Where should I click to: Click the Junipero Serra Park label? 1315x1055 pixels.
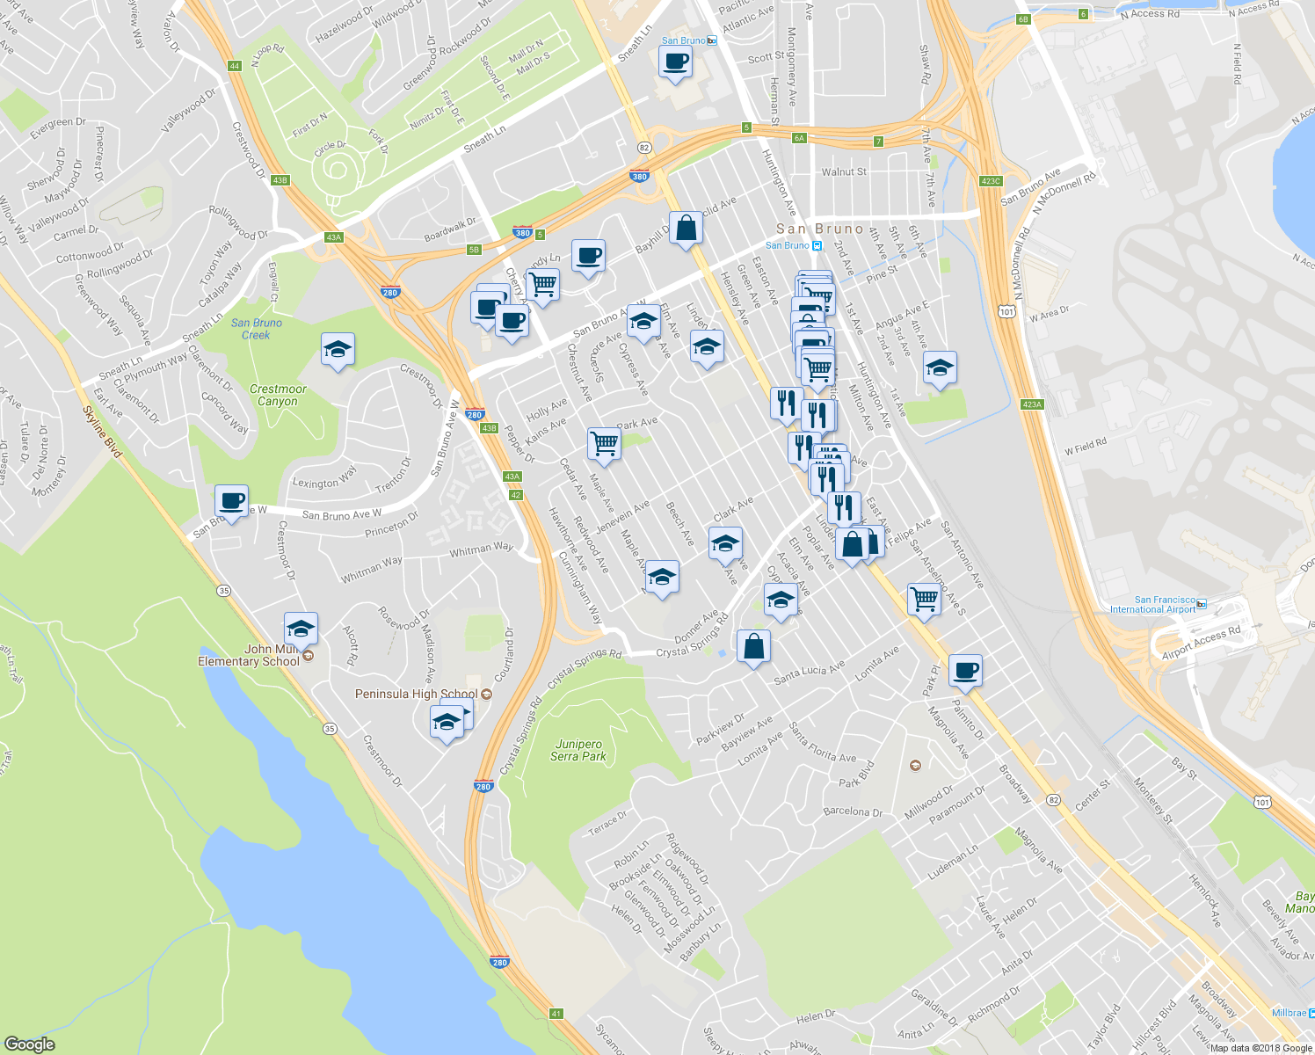coord(578,750)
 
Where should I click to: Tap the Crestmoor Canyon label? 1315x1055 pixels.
coord(278,395)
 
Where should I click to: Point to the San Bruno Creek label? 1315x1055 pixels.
coord(256,329)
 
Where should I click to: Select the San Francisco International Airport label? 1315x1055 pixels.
coord(1152,604)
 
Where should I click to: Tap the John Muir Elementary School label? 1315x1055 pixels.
coord(249,655)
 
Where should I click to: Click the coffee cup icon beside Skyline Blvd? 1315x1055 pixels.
coord(231,501)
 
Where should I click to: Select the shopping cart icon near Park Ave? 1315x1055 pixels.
coord(604,443)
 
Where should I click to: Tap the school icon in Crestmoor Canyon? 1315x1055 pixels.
coord(338,350)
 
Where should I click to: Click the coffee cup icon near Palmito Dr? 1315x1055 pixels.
coord(965,670)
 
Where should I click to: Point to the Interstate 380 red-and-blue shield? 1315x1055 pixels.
coord(639,176)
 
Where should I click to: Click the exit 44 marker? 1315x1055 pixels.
coord(234,66)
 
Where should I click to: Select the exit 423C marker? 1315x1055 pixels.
coord(990,181)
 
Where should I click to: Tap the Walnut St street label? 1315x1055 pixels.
coord(844,172)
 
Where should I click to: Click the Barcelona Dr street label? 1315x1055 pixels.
coord(853,811)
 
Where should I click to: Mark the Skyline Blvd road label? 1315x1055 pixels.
coord(102,431)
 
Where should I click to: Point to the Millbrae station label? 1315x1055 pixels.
coord(1289,1013)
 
